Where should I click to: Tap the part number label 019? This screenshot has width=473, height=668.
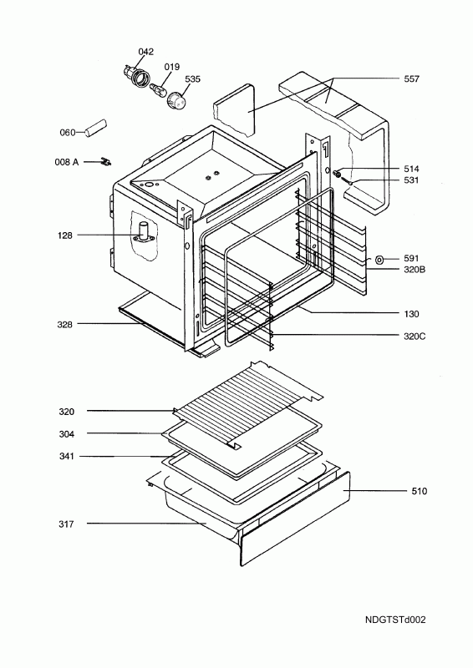[x=171, y=67]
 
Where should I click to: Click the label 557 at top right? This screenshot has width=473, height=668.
[x=410, y=79]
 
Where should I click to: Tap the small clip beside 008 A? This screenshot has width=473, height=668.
[x=106, y=160]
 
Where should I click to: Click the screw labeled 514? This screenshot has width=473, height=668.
[x=338, y=174]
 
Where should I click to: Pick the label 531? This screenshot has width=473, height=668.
[x=410, y=180]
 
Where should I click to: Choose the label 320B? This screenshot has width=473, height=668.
[x=413, y=271]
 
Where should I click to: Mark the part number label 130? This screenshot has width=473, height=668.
[x=410, y=314]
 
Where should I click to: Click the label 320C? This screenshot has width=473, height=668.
[x=413, y=336]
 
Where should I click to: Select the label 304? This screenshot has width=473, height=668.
[x=67, y=433]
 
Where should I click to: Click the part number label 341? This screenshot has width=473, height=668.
[x=67, y=457]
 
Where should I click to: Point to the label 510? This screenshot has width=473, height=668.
[x=419, y=491]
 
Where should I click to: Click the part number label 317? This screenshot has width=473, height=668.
[x=67, y=524]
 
